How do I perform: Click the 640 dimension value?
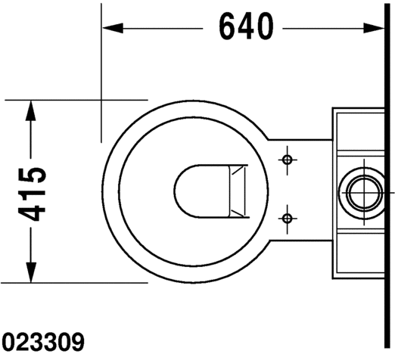(246, 26)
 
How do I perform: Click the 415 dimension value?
(32, 194)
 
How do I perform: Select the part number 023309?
(43, 342)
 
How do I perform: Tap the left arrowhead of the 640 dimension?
(113, 28)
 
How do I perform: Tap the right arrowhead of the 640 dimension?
(374, 28)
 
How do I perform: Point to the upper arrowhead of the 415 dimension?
(30, 111)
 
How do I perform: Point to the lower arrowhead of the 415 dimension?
(30, 272)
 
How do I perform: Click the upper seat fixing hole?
(288, 160)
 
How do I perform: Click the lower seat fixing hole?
(288, 219)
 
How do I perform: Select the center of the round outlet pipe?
(363, 193)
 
